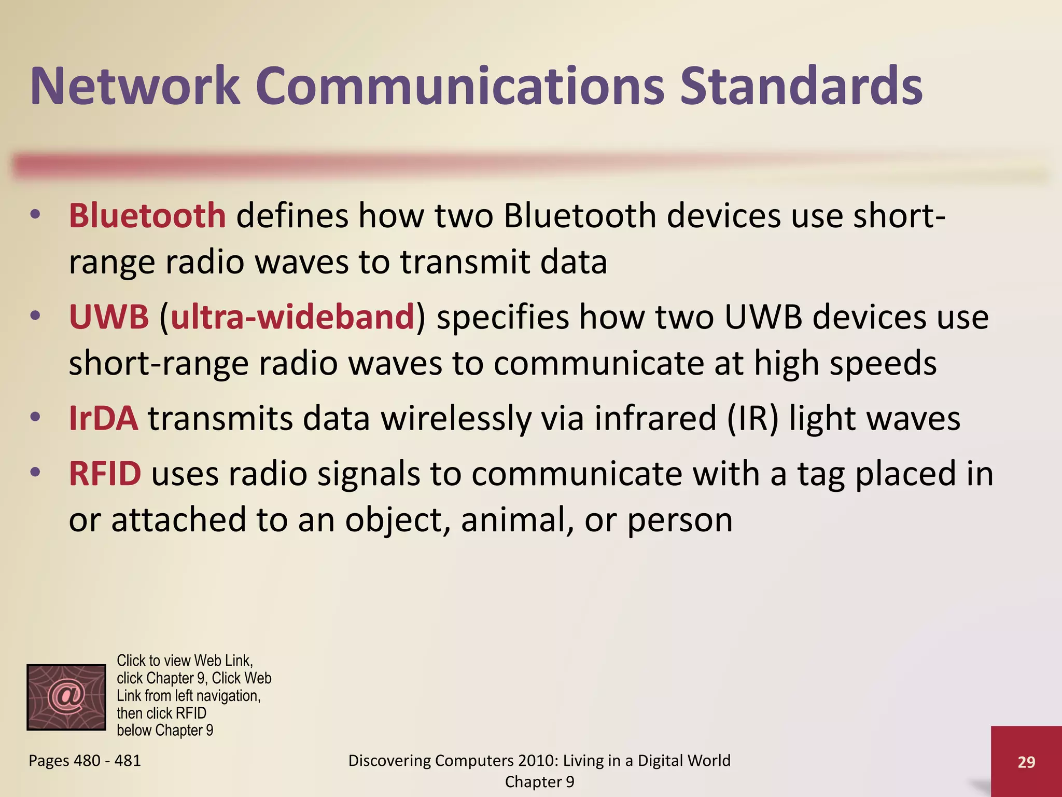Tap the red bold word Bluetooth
pos(147,215)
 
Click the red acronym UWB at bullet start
pos(109,317)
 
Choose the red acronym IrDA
pos(104,418)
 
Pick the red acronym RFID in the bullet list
pos(105,473)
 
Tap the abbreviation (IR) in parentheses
pos(752,418)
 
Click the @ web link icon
pos(66,697)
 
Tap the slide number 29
pos(1026,762)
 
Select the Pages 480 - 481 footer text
pos(85,761)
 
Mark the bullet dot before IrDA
pos(35,417)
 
